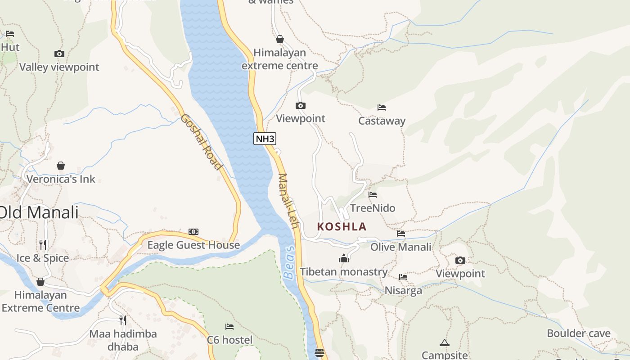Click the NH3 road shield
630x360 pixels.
(x=265, y=139)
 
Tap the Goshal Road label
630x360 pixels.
(x=202, y=142)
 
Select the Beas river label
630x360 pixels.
(x=289, y=262)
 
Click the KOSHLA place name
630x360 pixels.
(x=342, y=226)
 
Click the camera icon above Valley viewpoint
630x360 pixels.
(x=59, y=54)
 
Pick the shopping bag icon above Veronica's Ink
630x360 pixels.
(x=61, y=166)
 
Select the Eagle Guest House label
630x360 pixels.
(x=193, y=245)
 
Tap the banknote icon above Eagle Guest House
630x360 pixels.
(x=193, y=232)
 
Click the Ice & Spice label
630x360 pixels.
(x=43, y=258)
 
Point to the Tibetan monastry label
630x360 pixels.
(x=343, y=272)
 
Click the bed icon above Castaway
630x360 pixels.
(x=382, y=108)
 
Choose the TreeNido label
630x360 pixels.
(x=373, y=208)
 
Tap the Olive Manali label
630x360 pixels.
(x=400, y=247)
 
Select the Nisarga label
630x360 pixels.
(x=403, y=290)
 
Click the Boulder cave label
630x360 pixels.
(x=579, y=333)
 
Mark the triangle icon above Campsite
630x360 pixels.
(x=445, y=343)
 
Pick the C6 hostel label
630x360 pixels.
(x=229, y=340)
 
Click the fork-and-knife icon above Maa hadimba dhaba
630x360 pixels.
(x=122, y=320)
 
